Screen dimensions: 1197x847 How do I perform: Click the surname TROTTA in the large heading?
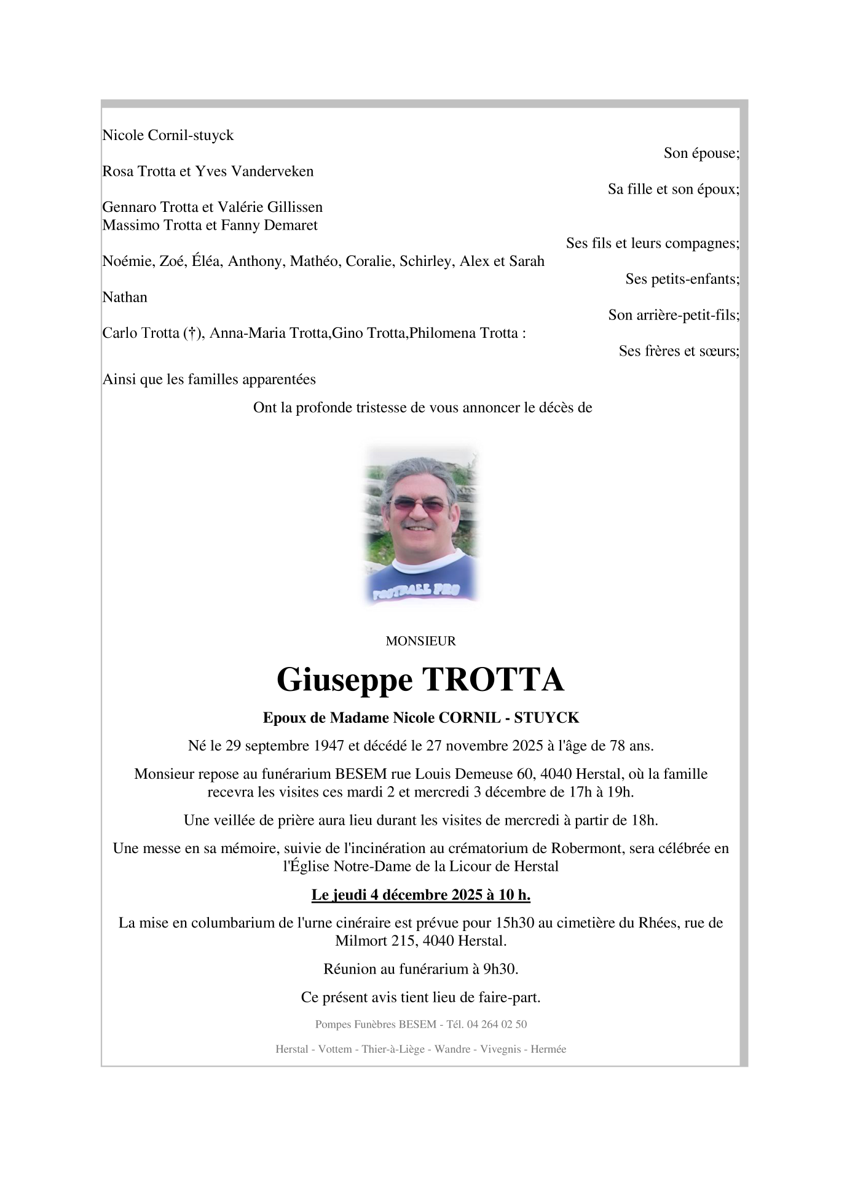[x=492, y=680]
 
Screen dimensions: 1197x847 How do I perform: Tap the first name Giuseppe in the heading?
[x=344, y=680]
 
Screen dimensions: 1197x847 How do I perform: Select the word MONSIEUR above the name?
[x=420, y=641]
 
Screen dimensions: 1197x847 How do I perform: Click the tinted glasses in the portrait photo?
[x=419, y=505]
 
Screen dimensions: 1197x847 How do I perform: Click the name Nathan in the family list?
[x=125, y=297]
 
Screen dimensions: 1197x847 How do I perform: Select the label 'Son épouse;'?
[x=701, y=153]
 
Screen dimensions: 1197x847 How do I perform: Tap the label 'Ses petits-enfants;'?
[x=682, y=279]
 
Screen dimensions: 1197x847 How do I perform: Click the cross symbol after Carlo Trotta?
[x=191, y=333]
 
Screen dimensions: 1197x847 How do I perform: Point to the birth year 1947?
[x=329, y=746]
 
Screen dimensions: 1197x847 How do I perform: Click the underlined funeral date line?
[x=421, y=895]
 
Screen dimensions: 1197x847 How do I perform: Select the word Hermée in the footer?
[x=548, y=1050]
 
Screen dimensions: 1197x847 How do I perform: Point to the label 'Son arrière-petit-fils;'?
[x=674, y=315]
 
